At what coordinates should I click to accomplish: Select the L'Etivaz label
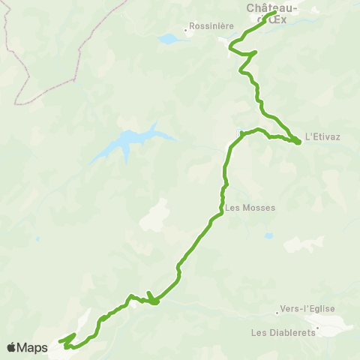point(325,139)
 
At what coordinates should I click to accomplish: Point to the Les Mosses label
point(250,208)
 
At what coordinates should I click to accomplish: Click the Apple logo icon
point(12,347)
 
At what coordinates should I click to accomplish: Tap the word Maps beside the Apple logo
point(34,347)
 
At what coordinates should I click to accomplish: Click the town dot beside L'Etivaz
point(300,139)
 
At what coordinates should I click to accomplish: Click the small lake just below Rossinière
point(170,38)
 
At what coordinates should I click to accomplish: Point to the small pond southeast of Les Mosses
point(268,235)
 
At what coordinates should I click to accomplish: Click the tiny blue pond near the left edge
point(37,240)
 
